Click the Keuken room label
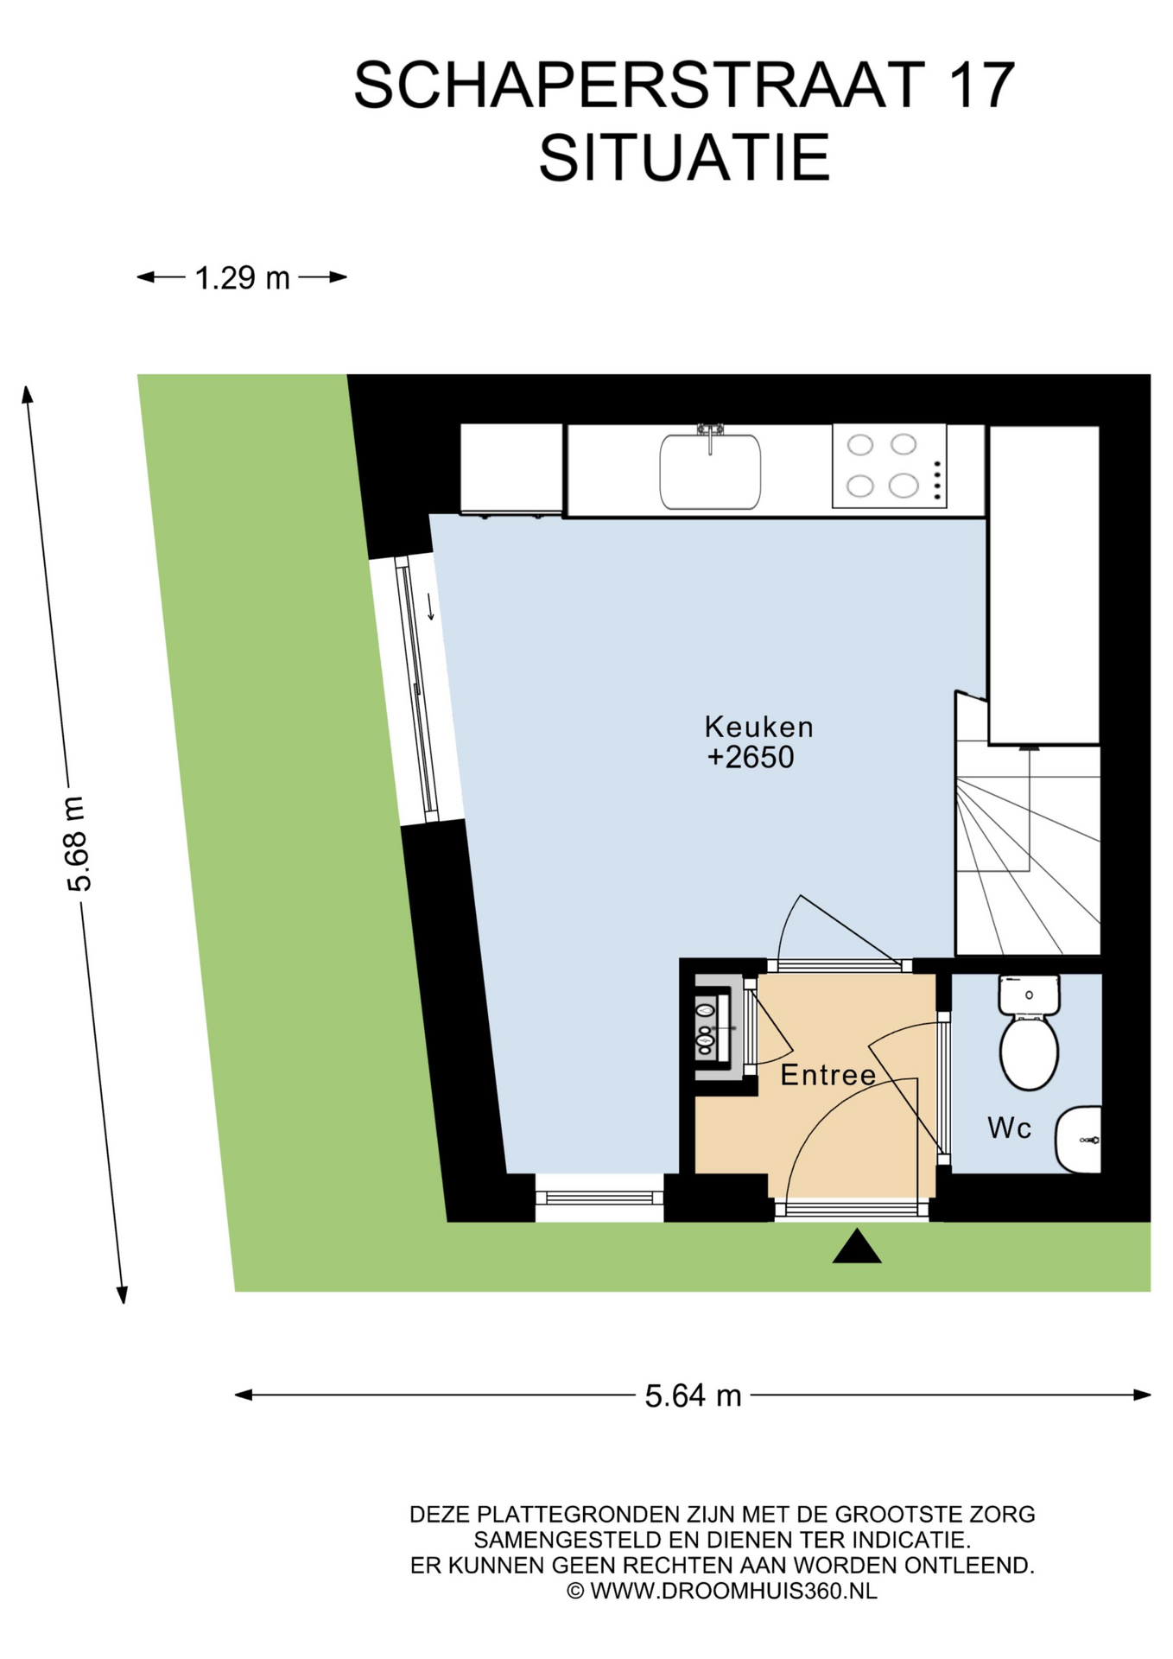pyautogui.click(x=758, y=727)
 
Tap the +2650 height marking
pyautogui.click(x=751, y=758)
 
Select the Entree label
pyautogui.click(x=827, y=1075)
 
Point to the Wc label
pyautogui.click(x=1009, y=1128)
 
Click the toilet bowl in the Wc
pyautogui.click(x=1029, y=1052)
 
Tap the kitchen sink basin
pyautogui.click(x=710, y=472)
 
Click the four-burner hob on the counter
pyautogui.click(x=889, y=466)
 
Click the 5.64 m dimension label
pyautogui.click(x=693, y=1395)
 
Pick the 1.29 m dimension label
pyautogui.click(x=242, y=278)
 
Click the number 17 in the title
pyautogui.click(x=981, y=86)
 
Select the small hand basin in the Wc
pyautogui.click(x=1079, y=1140)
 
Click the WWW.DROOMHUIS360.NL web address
pyautogui.click(x=733, y=1590)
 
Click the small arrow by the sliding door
pyautogui.click(x=430, y=607)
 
